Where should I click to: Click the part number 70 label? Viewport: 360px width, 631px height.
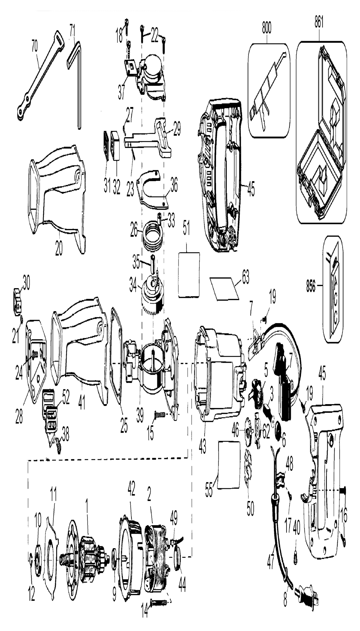coord(35,49)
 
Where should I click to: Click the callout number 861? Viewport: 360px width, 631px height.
coord(318,22)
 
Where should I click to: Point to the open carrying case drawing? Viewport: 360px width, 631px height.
coord(322,131)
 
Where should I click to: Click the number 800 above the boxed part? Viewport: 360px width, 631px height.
coord(266,28)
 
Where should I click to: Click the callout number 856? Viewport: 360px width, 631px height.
coord(311,287)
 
